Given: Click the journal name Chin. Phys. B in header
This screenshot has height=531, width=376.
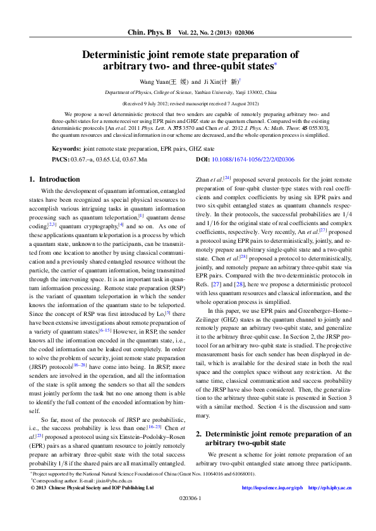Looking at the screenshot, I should tap(149, 32).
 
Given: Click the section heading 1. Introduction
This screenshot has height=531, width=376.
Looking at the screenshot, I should tap(55, 180).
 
